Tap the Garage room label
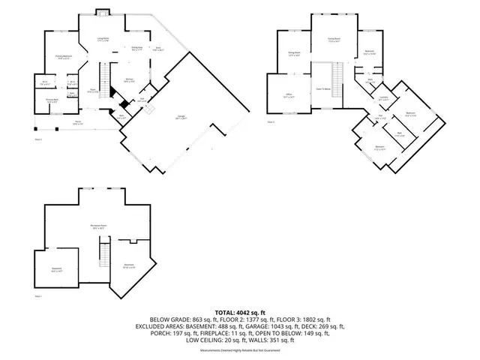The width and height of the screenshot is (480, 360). (181, 118)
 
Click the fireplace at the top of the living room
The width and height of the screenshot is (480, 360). (102, 13)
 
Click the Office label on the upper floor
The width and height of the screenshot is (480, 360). (287, 96)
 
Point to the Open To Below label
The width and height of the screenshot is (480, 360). (324, 88)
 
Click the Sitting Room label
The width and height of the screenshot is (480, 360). (294, 54)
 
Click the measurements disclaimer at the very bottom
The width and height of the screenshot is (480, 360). (240, 350)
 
